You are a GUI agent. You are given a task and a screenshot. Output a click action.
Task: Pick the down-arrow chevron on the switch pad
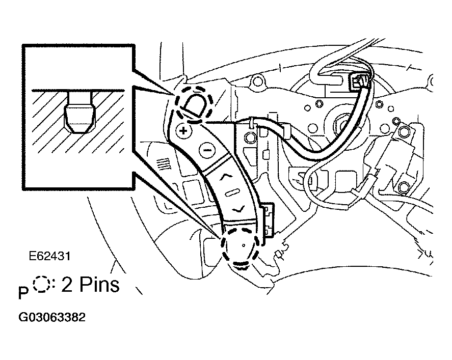point(237,208)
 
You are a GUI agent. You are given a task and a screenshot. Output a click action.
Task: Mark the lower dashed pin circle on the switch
point(241,247)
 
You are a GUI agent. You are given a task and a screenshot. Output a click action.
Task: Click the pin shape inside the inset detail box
point(81,113)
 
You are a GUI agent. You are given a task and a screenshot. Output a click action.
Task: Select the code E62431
point(49,256)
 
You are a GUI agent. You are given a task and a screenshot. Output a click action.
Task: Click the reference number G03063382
point(51,317)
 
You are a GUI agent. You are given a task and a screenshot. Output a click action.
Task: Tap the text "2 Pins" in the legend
point(91,285)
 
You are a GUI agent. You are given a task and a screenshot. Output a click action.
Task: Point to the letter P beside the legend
point(22,294)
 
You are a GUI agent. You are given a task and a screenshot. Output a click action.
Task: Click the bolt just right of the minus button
point(249,137)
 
